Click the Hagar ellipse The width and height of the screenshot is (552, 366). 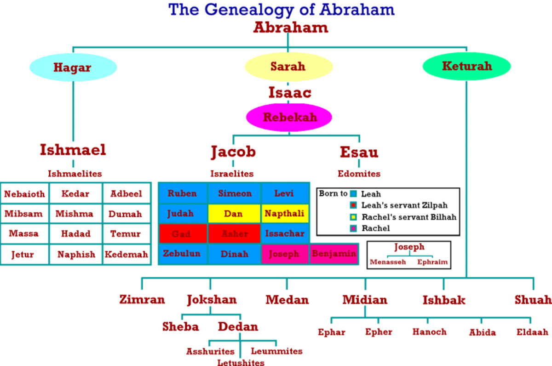click(73, 68)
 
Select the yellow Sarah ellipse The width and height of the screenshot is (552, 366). click(288, 67)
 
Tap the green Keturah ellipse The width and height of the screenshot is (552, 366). click(466, 66)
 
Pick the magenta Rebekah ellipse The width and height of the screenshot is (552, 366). click(289, 117)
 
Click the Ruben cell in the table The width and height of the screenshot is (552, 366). click(182, 193)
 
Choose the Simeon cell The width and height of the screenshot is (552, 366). click(235, 193)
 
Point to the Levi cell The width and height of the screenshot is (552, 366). click(284, 193)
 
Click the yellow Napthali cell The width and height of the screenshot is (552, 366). click(285, 214)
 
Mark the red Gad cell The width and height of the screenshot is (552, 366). click(182, 234)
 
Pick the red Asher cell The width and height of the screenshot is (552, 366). click(235, 234)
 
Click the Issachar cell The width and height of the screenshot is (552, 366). click(285, 234)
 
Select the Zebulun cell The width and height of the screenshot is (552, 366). click(182, 254)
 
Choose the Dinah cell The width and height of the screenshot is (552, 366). click(235, 254)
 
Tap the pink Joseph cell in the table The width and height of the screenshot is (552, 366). click(284, 254)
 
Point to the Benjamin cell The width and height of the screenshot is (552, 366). click(334, 254)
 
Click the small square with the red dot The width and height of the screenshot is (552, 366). click(353, 205)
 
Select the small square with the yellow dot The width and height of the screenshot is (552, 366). click(353, 217)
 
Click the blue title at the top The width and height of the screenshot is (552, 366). click(282, 9)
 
